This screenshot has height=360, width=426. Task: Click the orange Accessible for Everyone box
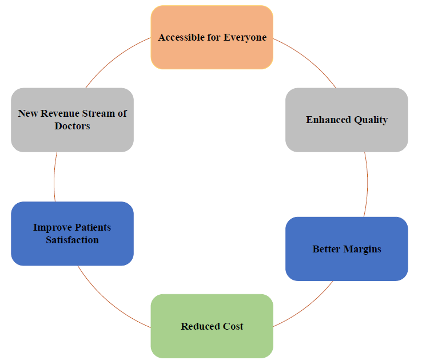[x=212, y=37]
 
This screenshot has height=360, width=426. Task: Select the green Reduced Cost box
[x=212, y=326]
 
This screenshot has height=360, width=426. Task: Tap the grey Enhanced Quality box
[x=347, y=120]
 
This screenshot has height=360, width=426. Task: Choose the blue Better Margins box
[x=347, y=249]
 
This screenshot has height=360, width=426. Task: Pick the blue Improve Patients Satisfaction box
[x=72, y=234]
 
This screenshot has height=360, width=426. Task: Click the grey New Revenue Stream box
[x=72, y=120]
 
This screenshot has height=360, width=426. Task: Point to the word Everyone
[x=245, y=38]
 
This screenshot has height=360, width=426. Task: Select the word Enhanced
[x=328, y=120]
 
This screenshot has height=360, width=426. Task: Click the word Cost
[x=233, y=326]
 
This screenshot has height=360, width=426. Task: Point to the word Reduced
[x=201, y=326]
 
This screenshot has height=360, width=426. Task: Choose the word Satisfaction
[x=72, y=240]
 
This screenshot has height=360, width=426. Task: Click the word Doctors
[x=72, y=126]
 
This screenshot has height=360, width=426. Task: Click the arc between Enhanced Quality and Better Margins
[x=368, y=184]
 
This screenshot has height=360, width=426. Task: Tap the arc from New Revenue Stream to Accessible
[x=115, y=58]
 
